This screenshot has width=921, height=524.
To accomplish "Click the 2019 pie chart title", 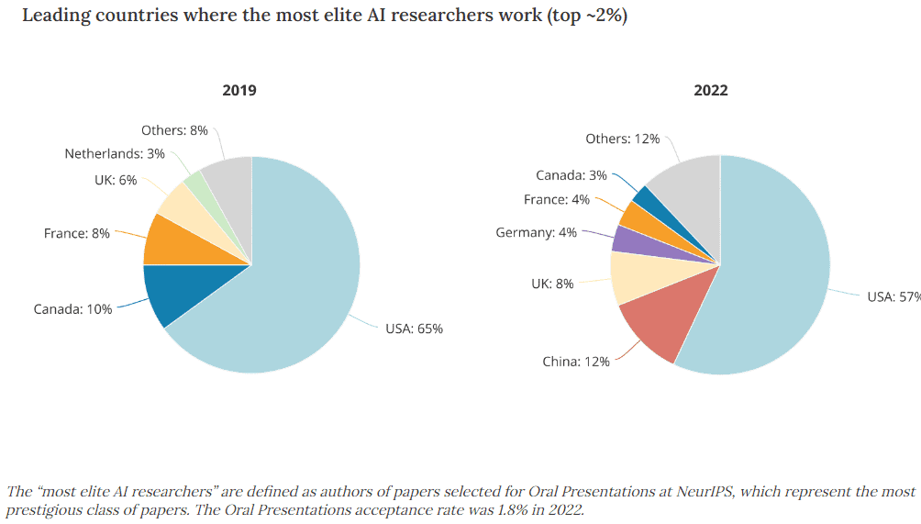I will [x=239, y=90].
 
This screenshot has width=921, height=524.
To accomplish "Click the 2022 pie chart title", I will [x=710, y=90].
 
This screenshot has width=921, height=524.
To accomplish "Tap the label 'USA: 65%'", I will [x=414, y=329].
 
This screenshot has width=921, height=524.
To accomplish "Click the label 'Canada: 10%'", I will [x=73, y=309].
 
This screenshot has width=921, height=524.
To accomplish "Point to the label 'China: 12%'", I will [x=575, y=362].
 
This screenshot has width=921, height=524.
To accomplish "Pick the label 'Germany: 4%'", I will [x=536, y=233].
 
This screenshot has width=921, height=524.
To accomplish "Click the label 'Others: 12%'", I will [x=622, y=139].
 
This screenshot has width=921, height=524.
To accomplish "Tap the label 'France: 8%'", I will [x=76, y=234].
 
